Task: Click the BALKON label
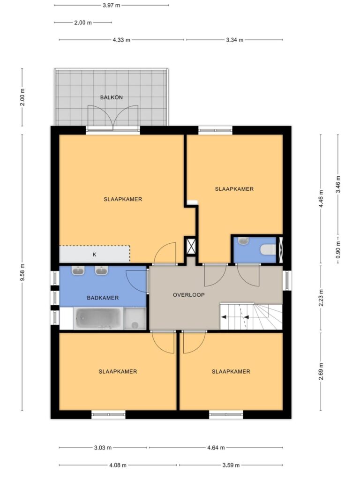click(112, 97)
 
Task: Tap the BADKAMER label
click(103, 298)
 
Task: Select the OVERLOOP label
click(188, 295)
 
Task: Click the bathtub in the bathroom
click(98, 318)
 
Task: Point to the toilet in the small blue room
click(268, 250)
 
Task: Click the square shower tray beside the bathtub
click(135, 318)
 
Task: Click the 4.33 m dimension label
click(121, 40)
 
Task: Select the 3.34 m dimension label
click(235, 40)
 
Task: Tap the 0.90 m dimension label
click(338, 250)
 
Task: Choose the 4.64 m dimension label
click(216, 448)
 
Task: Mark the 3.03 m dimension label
click(103, 448)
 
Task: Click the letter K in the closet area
click(94, 255)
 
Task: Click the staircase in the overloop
click(251, 316)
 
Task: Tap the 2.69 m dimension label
click(321, 371)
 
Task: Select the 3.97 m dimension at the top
click(112, 5)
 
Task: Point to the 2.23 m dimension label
click(321, 298)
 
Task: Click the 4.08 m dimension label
click(118, 465)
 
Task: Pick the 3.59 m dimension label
click(231, 465)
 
